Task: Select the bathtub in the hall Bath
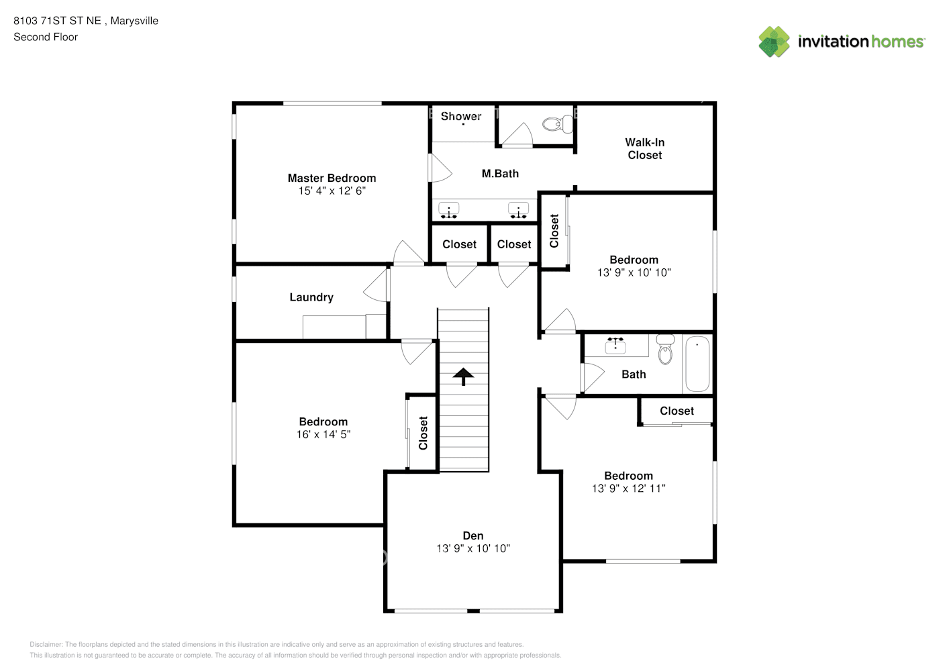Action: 697,364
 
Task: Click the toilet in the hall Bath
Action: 665,349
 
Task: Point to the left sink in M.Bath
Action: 448,210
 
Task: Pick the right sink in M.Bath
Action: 518,210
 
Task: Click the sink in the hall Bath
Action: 615,346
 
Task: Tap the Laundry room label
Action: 311,297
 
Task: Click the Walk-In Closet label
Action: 645,149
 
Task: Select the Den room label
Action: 472,535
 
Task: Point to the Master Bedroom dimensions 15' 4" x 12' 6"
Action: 332,191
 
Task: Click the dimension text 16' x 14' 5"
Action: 323,434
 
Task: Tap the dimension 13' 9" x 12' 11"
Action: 628,488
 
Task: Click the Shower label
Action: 461,116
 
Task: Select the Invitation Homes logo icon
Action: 774,42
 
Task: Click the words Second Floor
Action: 46,37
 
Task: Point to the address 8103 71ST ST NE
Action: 57,21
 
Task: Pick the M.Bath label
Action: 500,174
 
